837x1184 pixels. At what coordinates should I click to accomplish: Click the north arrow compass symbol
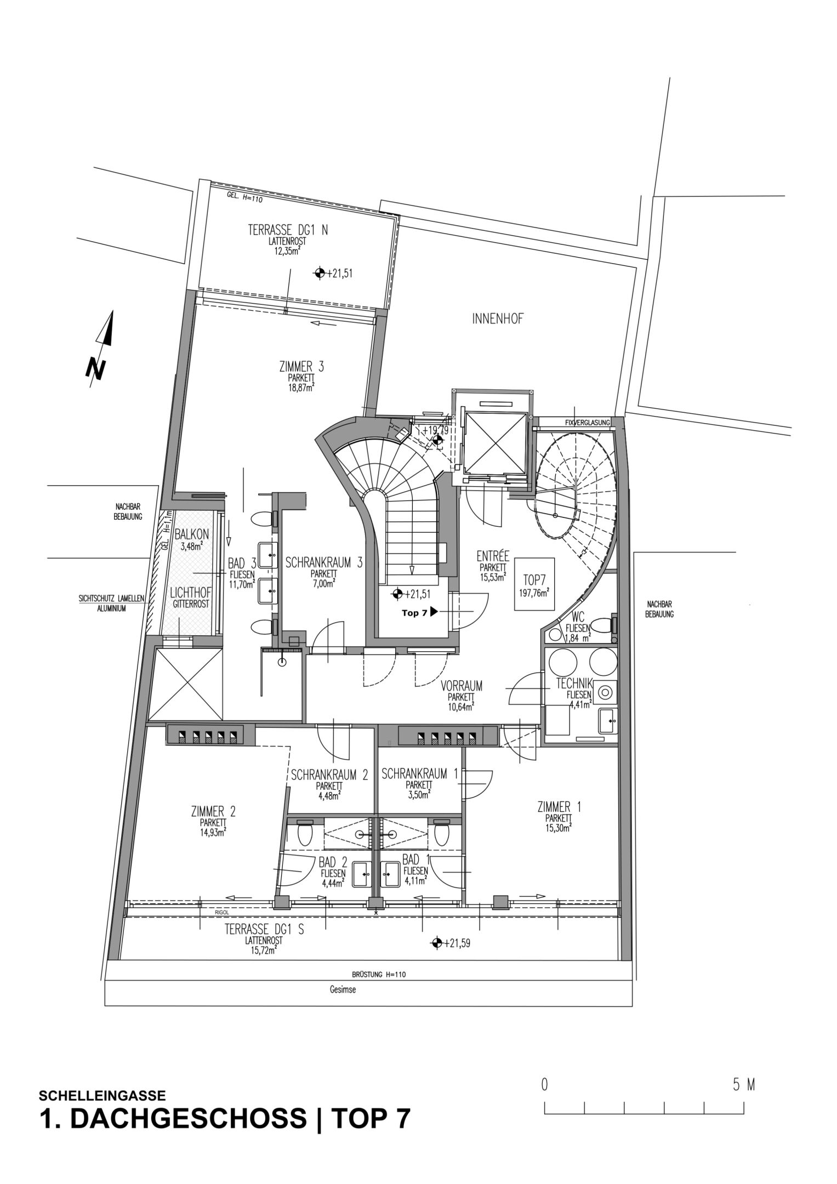pyautogui.click(x=102, y=345)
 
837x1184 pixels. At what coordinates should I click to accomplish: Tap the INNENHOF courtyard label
pyautogui.click(x=497, y=320)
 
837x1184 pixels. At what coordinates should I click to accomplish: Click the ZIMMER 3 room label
pyautogui.click(x=301, y=367)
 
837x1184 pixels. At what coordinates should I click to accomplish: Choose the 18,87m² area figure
pyautogui.click(x=301, y=387)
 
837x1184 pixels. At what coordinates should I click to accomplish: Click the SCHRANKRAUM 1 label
pyautogui.click(x=420, y=774)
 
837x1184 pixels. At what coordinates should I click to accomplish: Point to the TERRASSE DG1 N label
pyautogui.click(x=288, y=231)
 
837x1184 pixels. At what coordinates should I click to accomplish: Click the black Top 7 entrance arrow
pyautogui.click(x=434, y=612)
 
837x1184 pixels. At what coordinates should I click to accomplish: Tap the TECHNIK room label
pyautogui.click(x=574, y=684)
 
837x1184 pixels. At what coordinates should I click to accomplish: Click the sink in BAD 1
pyautogui.click(x=391, y=873)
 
